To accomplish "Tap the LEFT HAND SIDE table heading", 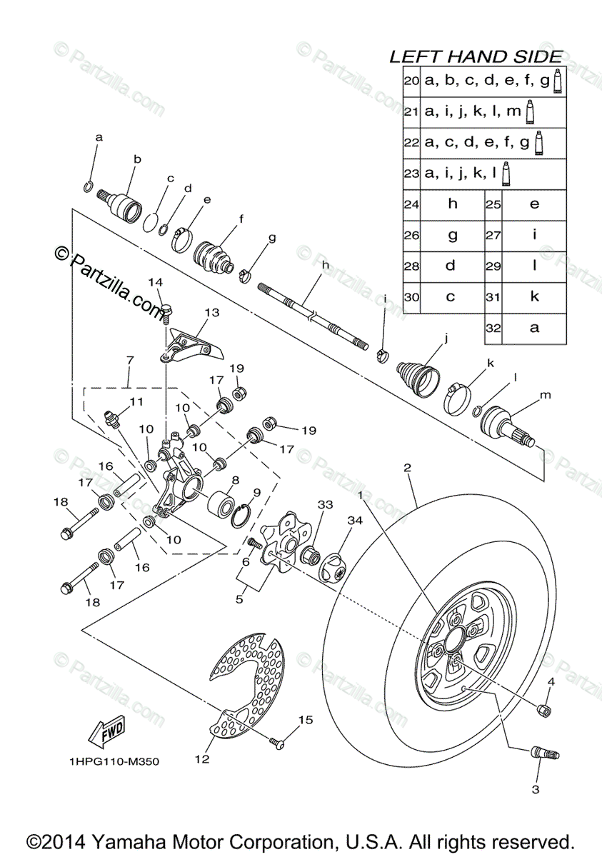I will pyautogui.click(x=476, y=57).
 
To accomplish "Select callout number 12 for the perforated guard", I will pyautogui.click(x=203, y=759).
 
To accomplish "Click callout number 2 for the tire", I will pyautogui.click(x=407, y=468).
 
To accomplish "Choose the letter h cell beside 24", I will pyautogui.click(x=452, y=204).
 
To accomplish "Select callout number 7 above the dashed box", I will pyautogui.click(x=130, y=361).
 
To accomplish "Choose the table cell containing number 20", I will pyautogui.click(x=411, y=81).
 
